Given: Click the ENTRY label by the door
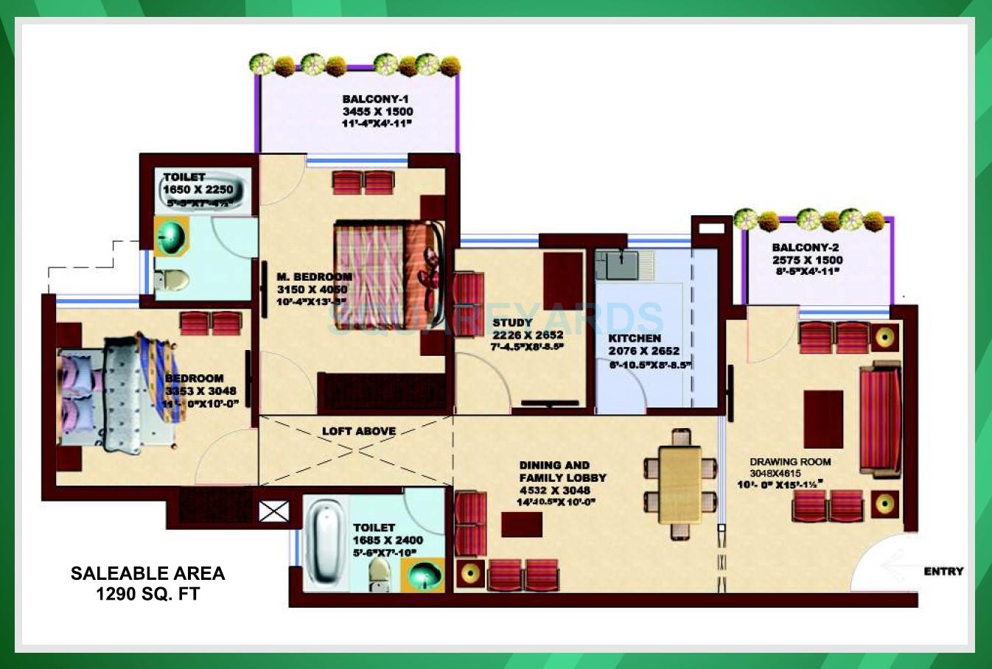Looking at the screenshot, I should tap(943, 571).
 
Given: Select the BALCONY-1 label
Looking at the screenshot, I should tap(375, 99).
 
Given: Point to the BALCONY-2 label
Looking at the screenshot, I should tap(806, 248).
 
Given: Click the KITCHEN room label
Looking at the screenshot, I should tap(635, 338).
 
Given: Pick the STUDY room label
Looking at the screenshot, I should tap(512, 322).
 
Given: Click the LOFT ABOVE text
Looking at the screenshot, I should tap(359, 431).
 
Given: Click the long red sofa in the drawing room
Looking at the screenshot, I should tap(880, 420).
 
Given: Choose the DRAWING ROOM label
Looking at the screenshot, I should tap(790, 462).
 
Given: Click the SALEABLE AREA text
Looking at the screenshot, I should tap(147, 573).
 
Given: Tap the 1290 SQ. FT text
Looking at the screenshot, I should tap(147, 594).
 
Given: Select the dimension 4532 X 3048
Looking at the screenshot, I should tap(554, 490).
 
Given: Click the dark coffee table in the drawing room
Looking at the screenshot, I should tap(823, 418).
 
